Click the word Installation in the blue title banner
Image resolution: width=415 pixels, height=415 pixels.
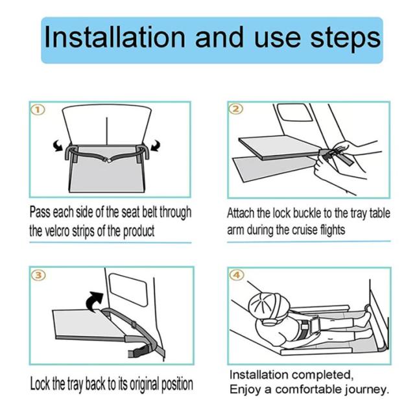(x=115, y=37)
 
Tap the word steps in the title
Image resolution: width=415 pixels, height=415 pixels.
(x=346, y=39)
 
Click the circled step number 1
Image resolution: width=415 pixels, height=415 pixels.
(x=38, y=110)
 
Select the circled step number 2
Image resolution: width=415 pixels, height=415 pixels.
(x=236, y=109)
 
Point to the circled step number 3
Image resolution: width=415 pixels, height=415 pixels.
(x=39, y=275)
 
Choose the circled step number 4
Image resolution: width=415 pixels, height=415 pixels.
(x=236, y=275)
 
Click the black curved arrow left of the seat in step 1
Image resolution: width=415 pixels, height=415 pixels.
(x=58, y=146)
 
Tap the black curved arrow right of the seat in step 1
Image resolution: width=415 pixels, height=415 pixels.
(x=156, y=146)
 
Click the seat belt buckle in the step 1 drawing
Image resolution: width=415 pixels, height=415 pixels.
(x=108, y=160)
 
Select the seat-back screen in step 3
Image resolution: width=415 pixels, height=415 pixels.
(x=128, y=290)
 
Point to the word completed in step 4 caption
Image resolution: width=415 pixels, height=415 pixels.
(x=322, y=375)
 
